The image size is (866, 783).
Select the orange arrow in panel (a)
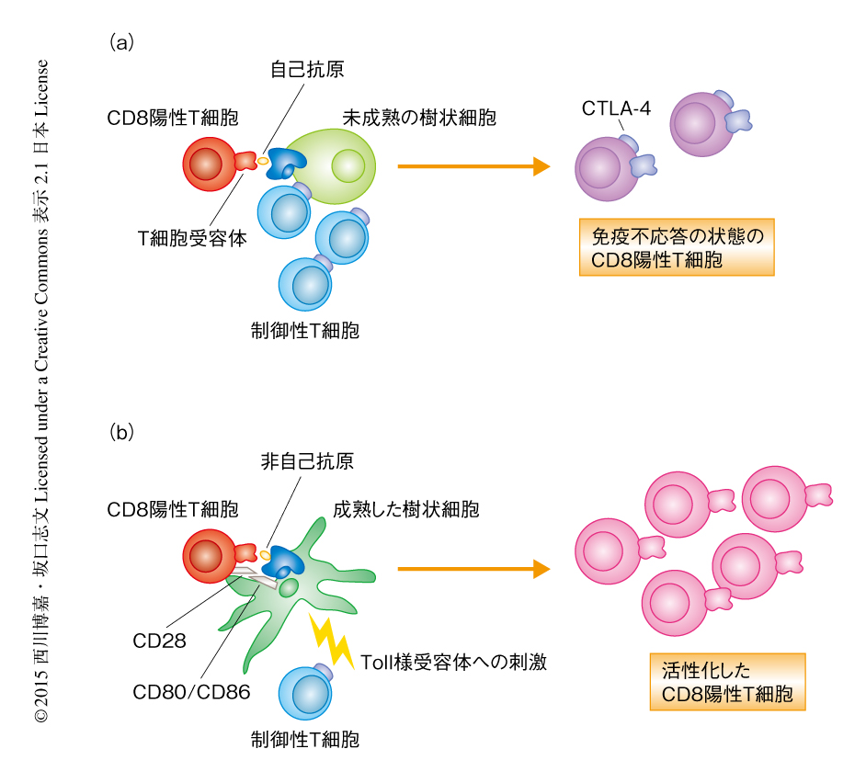click(473, 166)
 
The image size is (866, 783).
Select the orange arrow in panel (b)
click(473, 569)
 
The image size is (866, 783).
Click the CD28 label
click(158, 641)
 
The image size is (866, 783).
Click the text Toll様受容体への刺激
click(453, 662)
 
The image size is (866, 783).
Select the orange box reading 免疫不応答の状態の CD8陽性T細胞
click(677, 247)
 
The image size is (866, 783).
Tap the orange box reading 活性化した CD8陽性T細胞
click(727, 681)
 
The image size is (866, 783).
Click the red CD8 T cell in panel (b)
click(211, 554)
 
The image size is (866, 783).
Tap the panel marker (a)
click(122, 41)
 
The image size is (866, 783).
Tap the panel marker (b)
click(122, 431)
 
